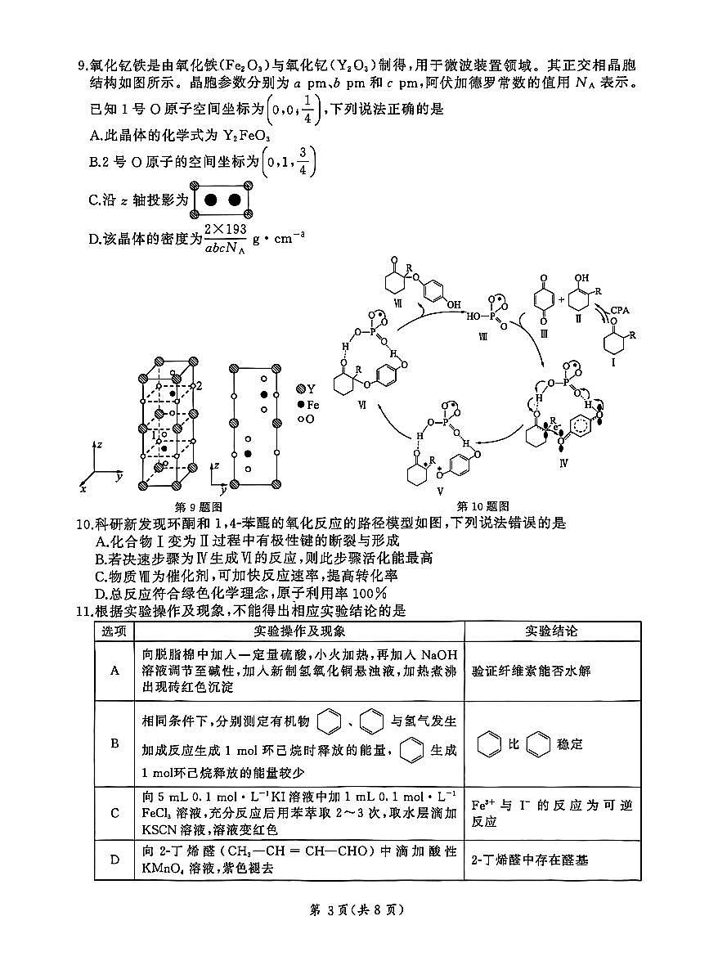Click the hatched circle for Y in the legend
tap(301, 388)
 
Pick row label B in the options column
tap(114, 743)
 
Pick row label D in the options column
tap(114, 859)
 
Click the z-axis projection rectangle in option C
tap(222, 200)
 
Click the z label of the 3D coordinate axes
tap(99, 446)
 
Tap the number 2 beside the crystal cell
tap(198, 384)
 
